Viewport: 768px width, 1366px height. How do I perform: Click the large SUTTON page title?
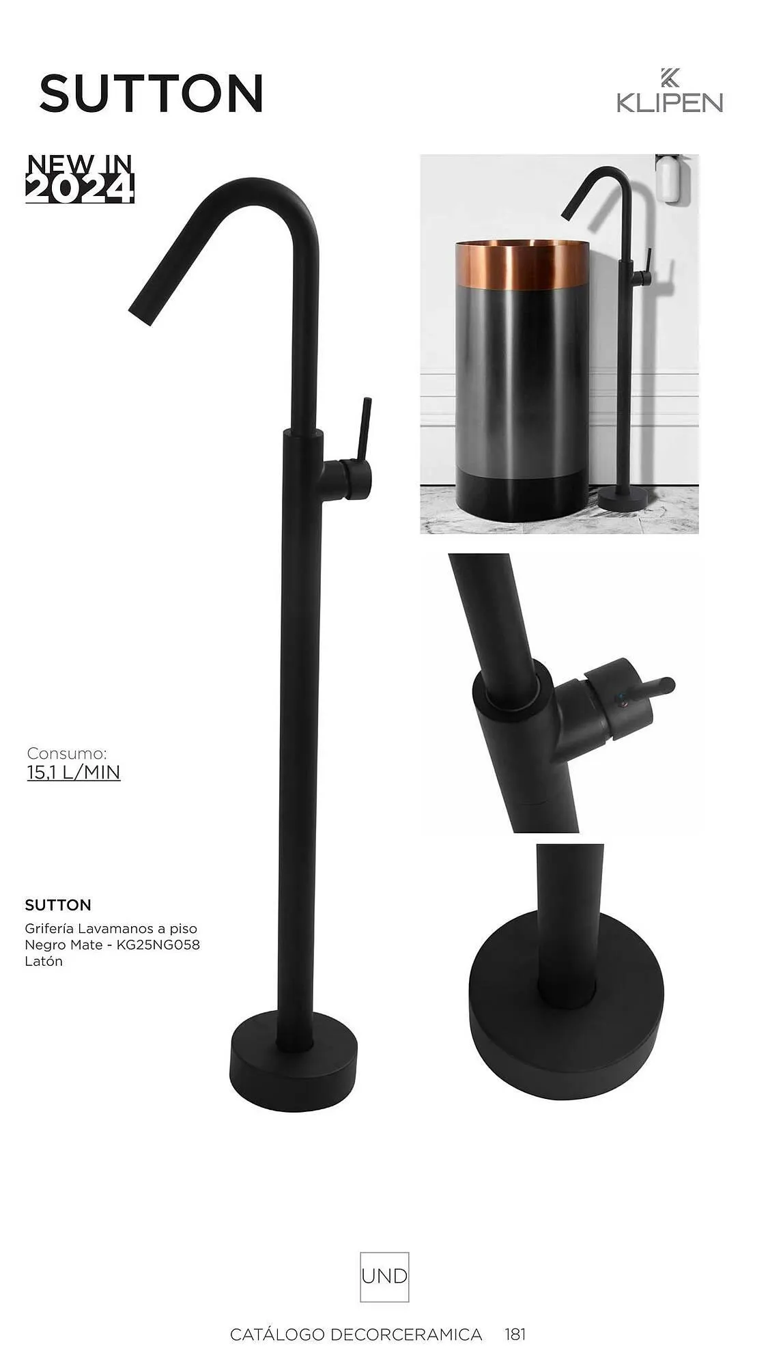[152, 93]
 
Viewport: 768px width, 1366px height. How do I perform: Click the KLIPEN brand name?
[669, 102]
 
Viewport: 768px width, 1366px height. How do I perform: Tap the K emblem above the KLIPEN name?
[669, 78]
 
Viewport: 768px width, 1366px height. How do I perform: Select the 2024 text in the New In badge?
[79, 189]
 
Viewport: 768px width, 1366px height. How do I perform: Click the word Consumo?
[67, 753]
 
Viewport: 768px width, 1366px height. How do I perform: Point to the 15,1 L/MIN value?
[74, 772]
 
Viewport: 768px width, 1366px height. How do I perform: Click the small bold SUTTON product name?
[58, 905]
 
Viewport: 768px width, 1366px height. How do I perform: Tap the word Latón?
[44, 961]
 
